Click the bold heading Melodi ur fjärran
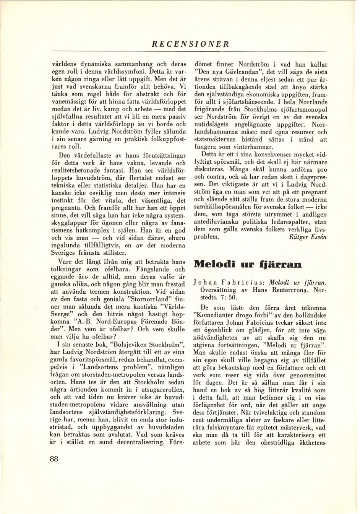point(248,264)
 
